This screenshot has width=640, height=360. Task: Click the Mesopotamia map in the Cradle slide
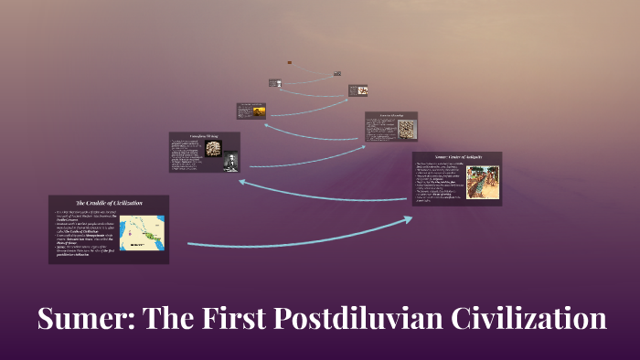point(142,232)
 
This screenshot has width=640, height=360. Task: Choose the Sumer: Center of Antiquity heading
point(456,157)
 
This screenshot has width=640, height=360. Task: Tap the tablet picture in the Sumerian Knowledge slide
point(404,128)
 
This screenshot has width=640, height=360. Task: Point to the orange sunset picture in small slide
point(259,111)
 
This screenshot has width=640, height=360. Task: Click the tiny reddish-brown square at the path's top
point(290,62)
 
